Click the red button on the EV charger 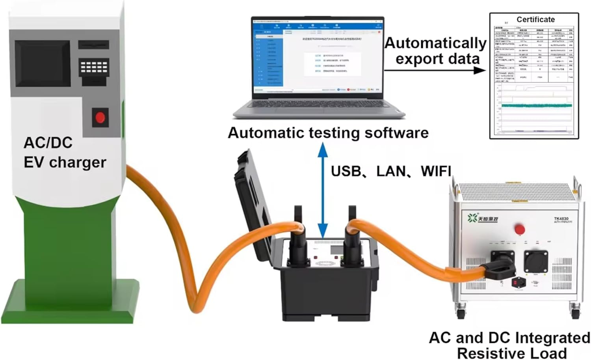(x=100, y=118)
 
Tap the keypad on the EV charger (x=94, y=68)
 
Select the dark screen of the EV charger (x=43, y=63)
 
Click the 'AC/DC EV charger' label (x=64, y=153)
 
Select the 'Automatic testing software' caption (x=328, y=133)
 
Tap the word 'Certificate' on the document (x=535, y=19)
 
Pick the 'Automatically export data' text (x=436, y=50)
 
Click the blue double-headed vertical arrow (x=323, y=190)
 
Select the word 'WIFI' (x=436, y=171)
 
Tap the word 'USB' (x=346, y=171)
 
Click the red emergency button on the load (x=520, y=229)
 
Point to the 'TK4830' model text (x=561, y=218)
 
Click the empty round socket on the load (x=536, y=260)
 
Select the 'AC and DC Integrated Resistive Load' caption (x=509, y=345)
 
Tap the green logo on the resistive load (x=472, y=218)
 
